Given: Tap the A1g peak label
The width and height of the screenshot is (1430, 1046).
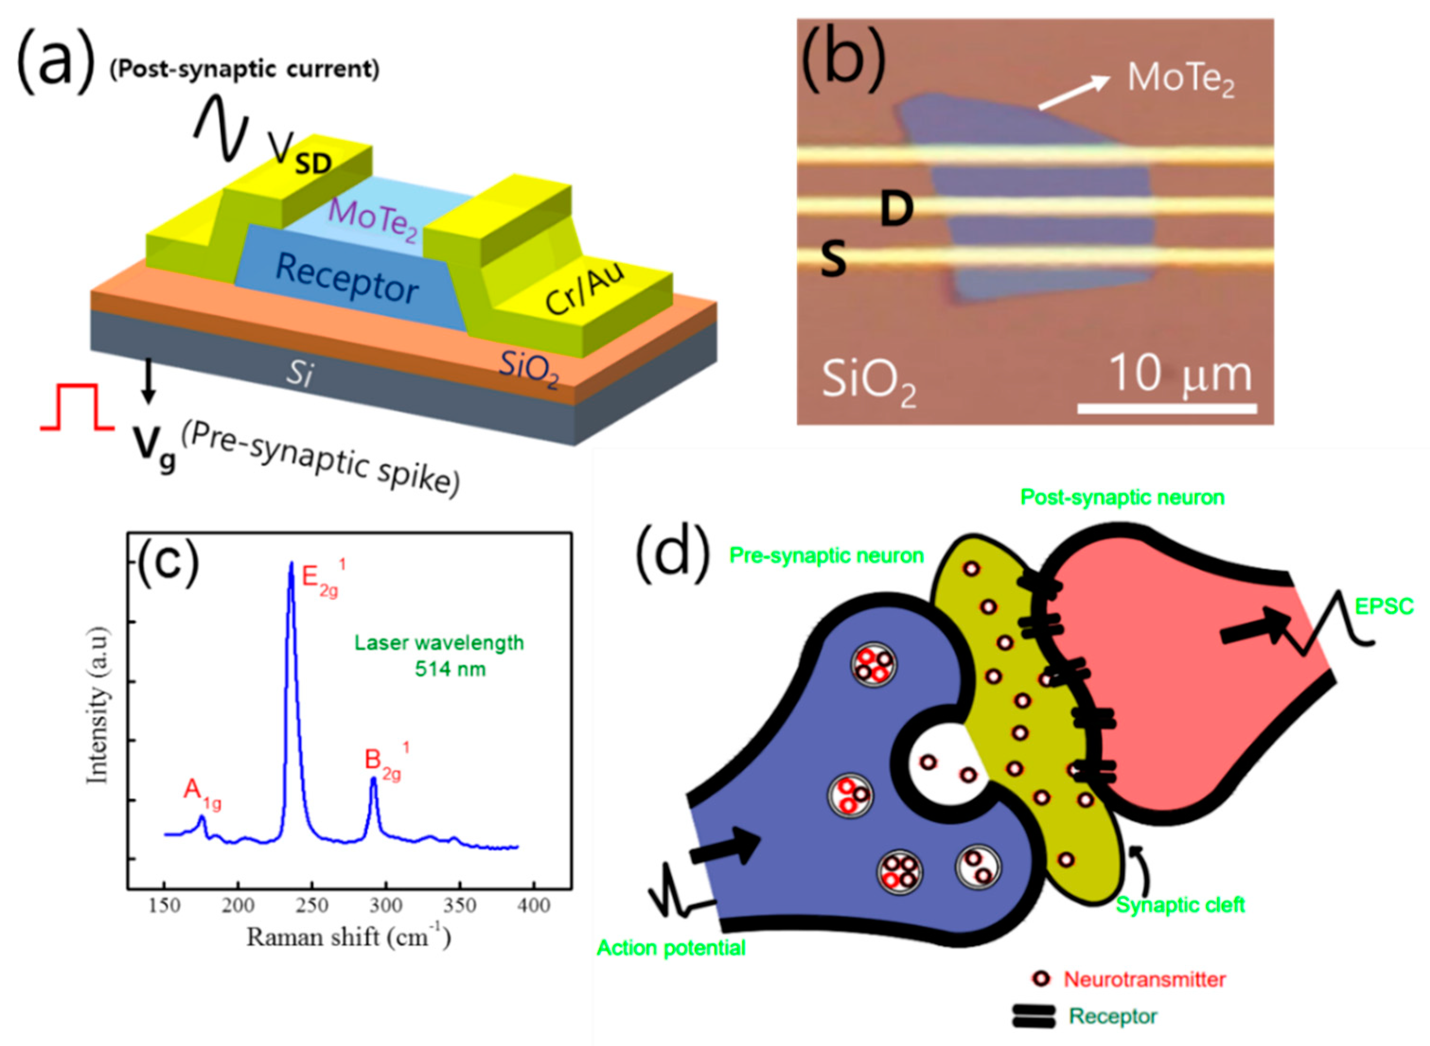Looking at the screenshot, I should [x=202, y=794].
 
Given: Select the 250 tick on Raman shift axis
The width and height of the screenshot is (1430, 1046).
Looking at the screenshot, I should [x=311, y=906].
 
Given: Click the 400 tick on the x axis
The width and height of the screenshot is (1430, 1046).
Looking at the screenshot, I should [x=533, y=906].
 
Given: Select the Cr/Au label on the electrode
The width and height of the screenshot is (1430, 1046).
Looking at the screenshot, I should [x=584, y=288].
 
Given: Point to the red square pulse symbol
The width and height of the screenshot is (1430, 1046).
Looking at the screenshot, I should [x=77, y=407].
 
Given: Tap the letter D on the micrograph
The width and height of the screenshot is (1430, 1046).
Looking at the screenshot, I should [x=897, y=210].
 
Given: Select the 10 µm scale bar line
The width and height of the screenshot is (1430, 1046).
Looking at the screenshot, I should [x=1166, y=408].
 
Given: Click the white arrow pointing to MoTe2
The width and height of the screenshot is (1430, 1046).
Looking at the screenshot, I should [x=1074, y=92].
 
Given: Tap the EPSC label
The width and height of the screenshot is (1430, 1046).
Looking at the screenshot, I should [x=1384, y=607].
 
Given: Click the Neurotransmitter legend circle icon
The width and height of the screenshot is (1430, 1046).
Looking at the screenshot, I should [x=1041, y=979].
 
